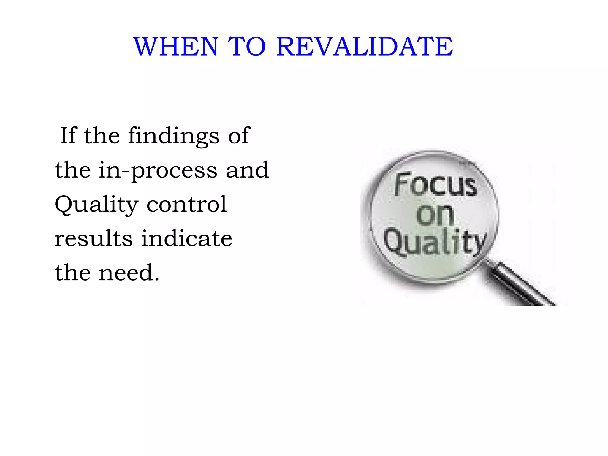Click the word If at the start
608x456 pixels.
[x=69, y=135]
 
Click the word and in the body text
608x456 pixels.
[x=247, y=170]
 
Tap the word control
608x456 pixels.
[x=187, y=204]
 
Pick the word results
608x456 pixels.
[x=93, y=238]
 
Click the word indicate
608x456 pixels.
[x=186, y=238]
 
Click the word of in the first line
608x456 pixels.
[x=239, y=135]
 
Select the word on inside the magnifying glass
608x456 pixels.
[x=435, y=214]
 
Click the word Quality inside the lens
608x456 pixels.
[x=435, y=242]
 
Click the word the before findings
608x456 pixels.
[x=102, y=135]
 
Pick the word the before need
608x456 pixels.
[x=72, y=273]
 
